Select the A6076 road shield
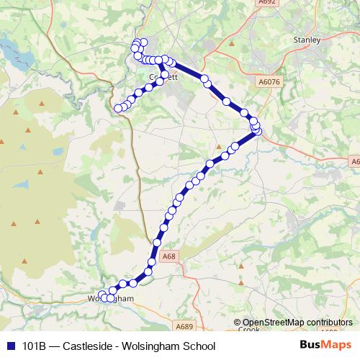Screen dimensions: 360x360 click(268, 83)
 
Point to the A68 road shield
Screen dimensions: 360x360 click(168, 256)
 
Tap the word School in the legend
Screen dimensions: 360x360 click(199, 346)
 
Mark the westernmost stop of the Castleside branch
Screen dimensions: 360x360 click(118, 109)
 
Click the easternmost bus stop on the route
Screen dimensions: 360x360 click(257, 130)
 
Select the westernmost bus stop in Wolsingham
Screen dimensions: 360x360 click(102, 297)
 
